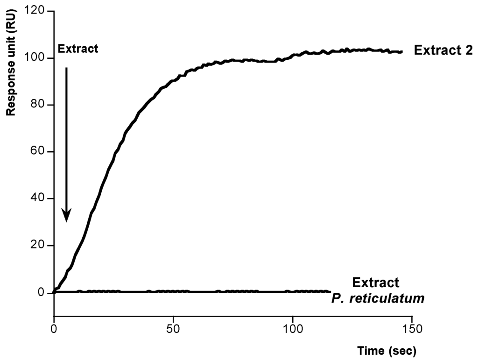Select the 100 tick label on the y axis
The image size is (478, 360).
(x=39, y=58)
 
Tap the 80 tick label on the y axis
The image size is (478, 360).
(x=42, y=105)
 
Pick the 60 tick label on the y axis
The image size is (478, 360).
(x=42, y=152)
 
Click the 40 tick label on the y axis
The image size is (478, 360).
(x=42, y=199)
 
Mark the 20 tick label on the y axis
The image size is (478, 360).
(x=42, y=246)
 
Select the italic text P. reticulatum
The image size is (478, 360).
(x=378, y=297)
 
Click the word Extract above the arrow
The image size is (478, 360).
(x=77, y=49)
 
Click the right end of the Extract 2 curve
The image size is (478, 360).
(x=401, y=52)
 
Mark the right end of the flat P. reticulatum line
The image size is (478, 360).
(x=329, y=291)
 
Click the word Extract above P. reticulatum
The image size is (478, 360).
(x=376, y=282)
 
